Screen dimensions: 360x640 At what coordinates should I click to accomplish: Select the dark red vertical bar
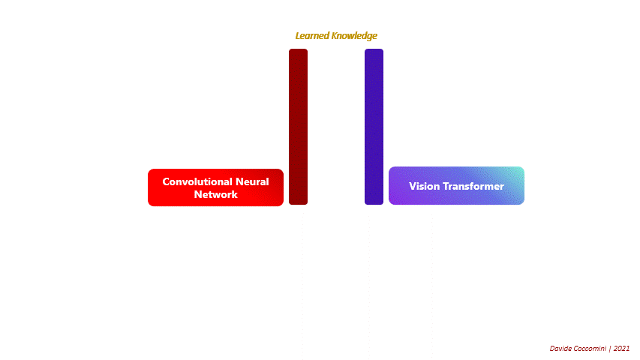pos(298,127)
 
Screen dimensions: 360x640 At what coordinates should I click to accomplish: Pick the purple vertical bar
pos(374,127)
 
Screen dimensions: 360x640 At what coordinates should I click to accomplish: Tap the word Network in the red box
pos(215,194)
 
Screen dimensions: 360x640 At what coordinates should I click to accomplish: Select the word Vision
pos(425,186)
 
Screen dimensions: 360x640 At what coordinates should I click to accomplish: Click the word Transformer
pos(474,186)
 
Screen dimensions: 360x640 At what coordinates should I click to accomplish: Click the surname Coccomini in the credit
pos(590,349)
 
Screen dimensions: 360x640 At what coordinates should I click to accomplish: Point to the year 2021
pos(621,349)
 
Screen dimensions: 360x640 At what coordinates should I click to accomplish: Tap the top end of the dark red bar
pos(298,51)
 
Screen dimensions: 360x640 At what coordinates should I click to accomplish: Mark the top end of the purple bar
pos(374,51)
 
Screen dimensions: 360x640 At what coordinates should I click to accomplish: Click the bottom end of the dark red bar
pos(298,202)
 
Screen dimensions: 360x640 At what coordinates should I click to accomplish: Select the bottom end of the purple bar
pos(374,202)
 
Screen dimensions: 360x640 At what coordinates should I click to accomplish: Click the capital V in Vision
pos(412,186)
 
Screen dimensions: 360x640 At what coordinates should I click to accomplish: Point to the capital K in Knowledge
pos(334,35)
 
